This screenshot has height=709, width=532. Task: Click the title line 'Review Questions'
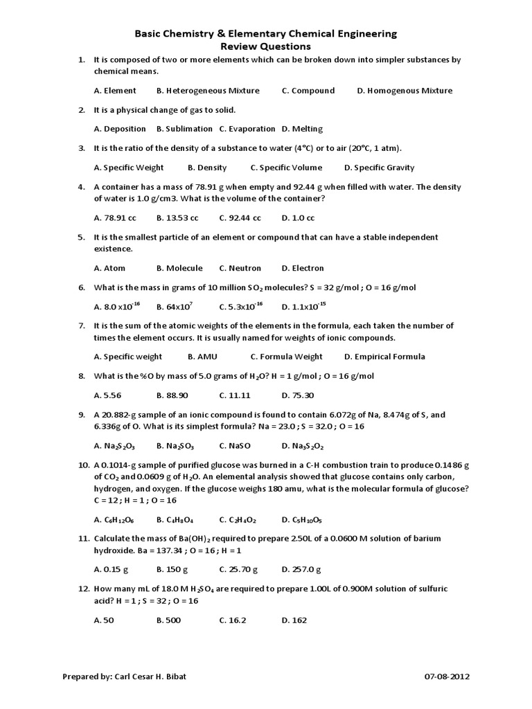(265, 46)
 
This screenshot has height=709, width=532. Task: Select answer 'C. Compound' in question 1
(308, 91)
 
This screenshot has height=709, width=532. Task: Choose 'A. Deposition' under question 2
(120, 129)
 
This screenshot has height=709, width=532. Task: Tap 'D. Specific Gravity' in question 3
(379, 168)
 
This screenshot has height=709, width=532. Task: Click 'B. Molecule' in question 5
(179, 268)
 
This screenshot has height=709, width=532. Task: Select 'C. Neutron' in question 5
(240, 268)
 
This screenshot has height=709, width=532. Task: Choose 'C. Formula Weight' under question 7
(286, 357)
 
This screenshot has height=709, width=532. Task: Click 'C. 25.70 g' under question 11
(238, 570)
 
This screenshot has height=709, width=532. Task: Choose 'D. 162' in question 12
(294, 620)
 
